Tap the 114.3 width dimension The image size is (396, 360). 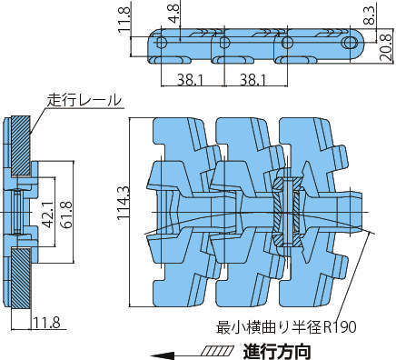124,204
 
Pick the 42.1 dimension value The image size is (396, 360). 47,215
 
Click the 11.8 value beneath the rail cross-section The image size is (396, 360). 46,323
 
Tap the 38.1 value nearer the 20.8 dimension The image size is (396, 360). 253,80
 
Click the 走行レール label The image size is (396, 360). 84,100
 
